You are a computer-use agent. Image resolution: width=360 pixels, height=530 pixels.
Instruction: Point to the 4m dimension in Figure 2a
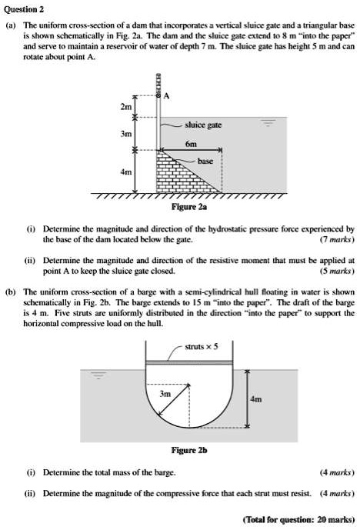125,172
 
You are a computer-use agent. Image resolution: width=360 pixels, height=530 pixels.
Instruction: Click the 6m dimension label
192,144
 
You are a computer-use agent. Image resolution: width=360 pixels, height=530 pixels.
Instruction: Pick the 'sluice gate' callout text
202,123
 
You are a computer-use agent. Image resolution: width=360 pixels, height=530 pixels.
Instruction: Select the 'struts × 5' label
202,345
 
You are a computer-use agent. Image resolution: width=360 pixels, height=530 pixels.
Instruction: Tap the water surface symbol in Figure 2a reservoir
268,123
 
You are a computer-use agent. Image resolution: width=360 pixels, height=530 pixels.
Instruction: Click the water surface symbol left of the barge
98,376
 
